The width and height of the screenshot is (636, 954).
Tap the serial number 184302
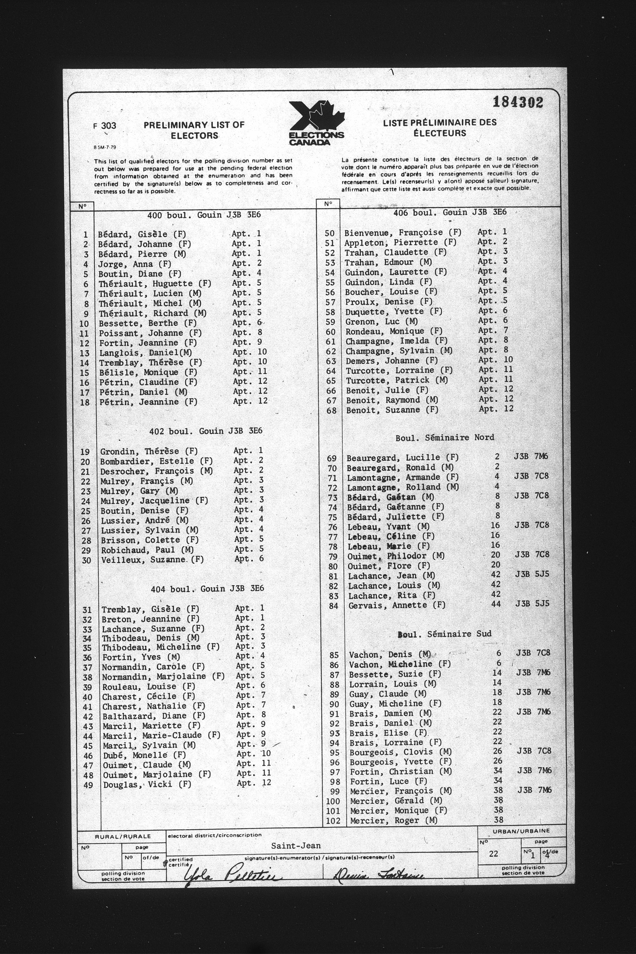coord(518,102)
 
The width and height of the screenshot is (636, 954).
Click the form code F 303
coord(105,126)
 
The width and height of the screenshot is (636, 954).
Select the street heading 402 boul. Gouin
coord(206,431)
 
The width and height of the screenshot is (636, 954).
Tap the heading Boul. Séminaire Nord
coord(445,437)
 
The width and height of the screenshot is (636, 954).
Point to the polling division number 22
coord(493,853)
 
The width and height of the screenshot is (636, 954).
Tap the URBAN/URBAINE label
coord(521,831)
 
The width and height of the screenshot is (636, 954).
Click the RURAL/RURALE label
coord(122,836)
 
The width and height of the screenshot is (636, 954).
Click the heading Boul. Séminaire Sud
coord(445,634)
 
